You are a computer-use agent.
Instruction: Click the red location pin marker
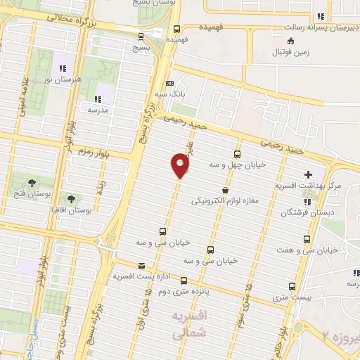coord(180,166)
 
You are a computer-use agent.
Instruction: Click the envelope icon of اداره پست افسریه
coord(143,266)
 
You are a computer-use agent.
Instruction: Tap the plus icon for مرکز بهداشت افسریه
coord(308,174)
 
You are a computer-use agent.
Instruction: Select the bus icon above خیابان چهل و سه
coord(237,154)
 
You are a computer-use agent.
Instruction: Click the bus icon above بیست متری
coord(292,286)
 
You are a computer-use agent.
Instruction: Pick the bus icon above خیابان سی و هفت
coord(307,239)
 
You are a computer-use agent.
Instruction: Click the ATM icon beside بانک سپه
coord(170,82)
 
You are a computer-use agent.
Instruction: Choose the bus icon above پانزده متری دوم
coord(184,280)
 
